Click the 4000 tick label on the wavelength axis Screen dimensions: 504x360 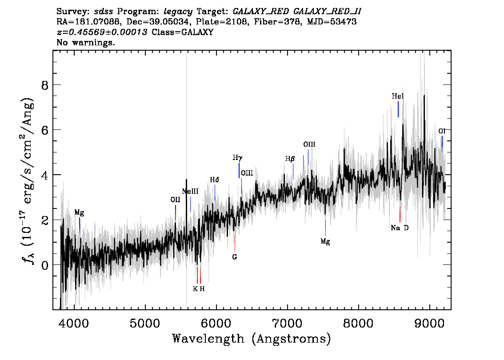tap(74, 323)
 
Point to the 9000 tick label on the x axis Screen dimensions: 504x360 tap(429, 323)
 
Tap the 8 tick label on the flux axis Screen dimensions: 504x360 tap(45, 85)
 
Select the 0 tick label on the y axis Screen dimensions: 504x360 tap(45, 265)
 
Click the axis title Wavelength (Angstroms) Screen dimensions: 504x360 tap(252, 339)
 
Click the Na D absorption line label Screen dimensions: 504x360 tap(400, 228)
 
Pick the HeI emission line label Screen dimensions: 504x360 tap(398, 96)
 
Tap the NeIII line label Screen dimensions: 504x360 tap(190, 191)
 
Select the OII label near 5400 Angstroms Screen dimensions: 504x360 tap(175, 200)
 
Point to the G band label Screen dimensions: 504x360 tap(235, 257)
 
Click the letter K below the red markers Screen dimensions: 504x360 tap(195, 288)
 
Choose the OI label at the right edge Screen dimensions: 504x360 tap(442, 131)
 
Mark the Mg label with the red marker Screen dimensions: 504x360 tap(325, 241)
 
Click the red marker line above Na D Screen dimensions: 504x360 tap(400, 214)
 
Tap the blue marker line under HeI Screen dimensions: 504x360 tap(398, 109)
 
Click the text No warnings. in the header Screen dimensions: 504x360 tap(85, 42)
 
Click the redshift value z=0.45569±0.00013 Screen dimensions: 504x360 tap(102, 32)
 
